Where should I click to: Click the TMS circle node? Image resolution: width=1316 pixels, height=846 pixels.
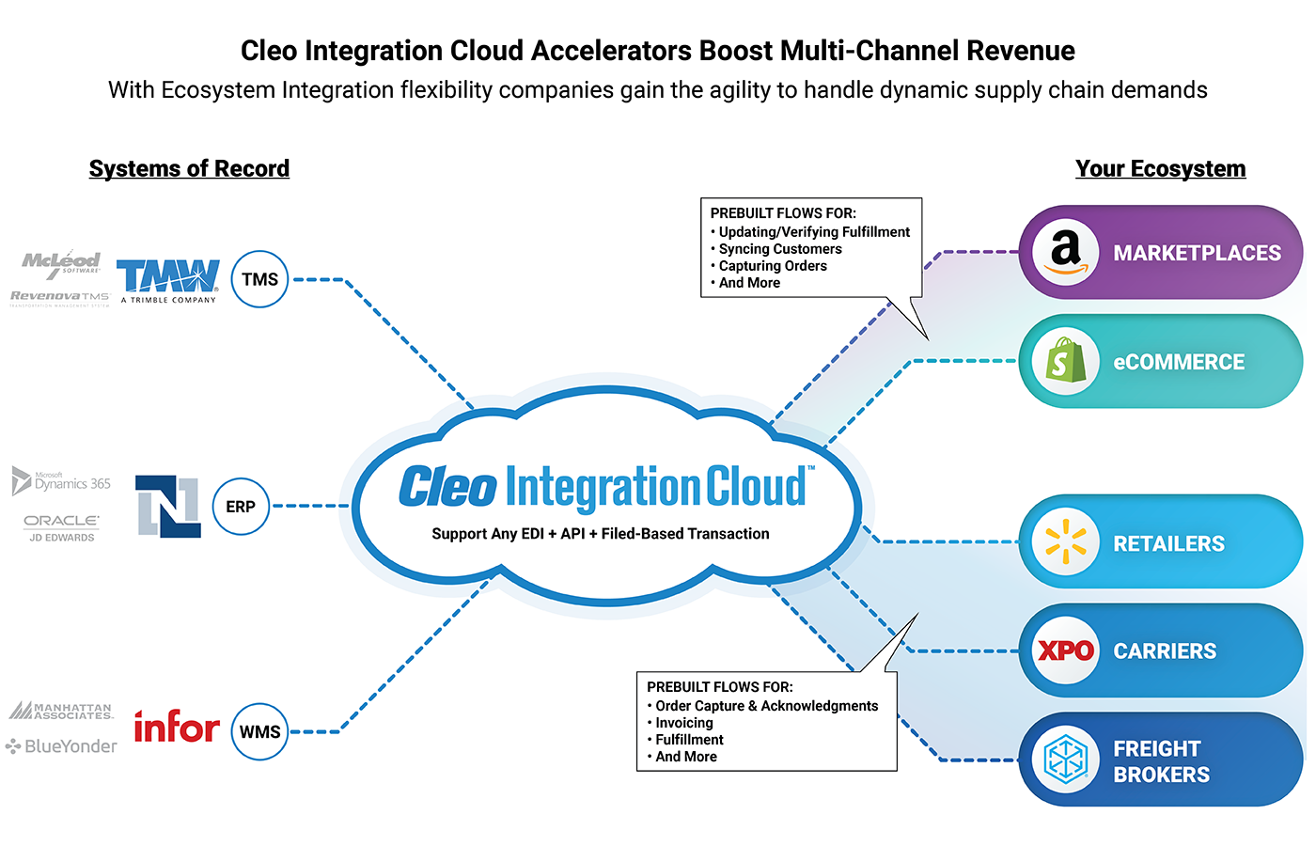[259, 279]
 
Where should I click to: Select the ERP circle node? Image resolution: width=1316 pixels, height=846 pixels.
[241, 507]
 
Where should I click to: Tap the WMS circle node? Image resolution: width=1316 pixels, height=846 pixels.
[259, 731]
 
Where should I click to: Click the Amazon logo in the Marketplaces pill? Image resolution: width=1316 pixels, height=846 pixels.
[1065, 251]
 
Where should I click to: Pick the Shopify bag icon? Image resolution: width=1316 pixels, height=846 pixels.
[1065, 360]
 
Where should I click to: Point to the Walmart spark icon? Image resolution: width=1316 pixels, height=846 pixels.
[1065, 541]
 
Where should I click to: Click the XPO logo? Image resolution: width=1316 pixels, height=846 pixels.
[1065, 650]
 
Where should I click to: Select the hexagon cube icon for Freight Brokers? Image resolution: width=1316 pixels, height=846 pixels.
[1065, 759]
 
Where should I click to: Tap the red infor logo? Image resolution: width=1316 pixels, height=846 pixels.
[177, 728]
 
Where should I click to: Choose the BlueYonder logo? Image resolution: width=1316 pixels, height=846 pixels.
[62, 746]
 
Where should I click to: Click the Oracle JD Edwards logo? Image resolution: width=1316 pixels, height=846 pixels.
[62, 527]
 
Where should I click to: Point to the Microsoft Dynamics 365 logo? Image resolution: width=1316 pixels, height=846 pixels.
[61, 481]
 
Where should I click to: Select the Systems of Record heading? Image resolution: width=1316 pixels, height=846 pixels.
[189, 168]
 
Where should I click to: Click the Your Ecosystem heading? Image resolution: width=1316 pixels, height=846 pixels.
[1160, 168]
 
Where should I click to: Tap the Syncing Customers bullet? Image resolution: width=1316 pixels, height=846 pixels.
[780, 249]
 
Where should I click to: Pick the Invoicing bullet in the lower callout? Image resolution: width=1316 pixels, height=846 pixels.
[684, 723]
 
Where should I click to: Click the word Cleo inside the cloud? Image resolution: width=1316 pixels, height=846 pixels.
[447, 487]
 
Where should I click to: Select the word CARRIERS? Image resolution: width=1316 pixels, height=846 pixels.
[1165, 650]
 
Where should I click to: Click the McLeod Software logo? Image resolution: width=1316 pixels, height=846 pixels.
[62, 262]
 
